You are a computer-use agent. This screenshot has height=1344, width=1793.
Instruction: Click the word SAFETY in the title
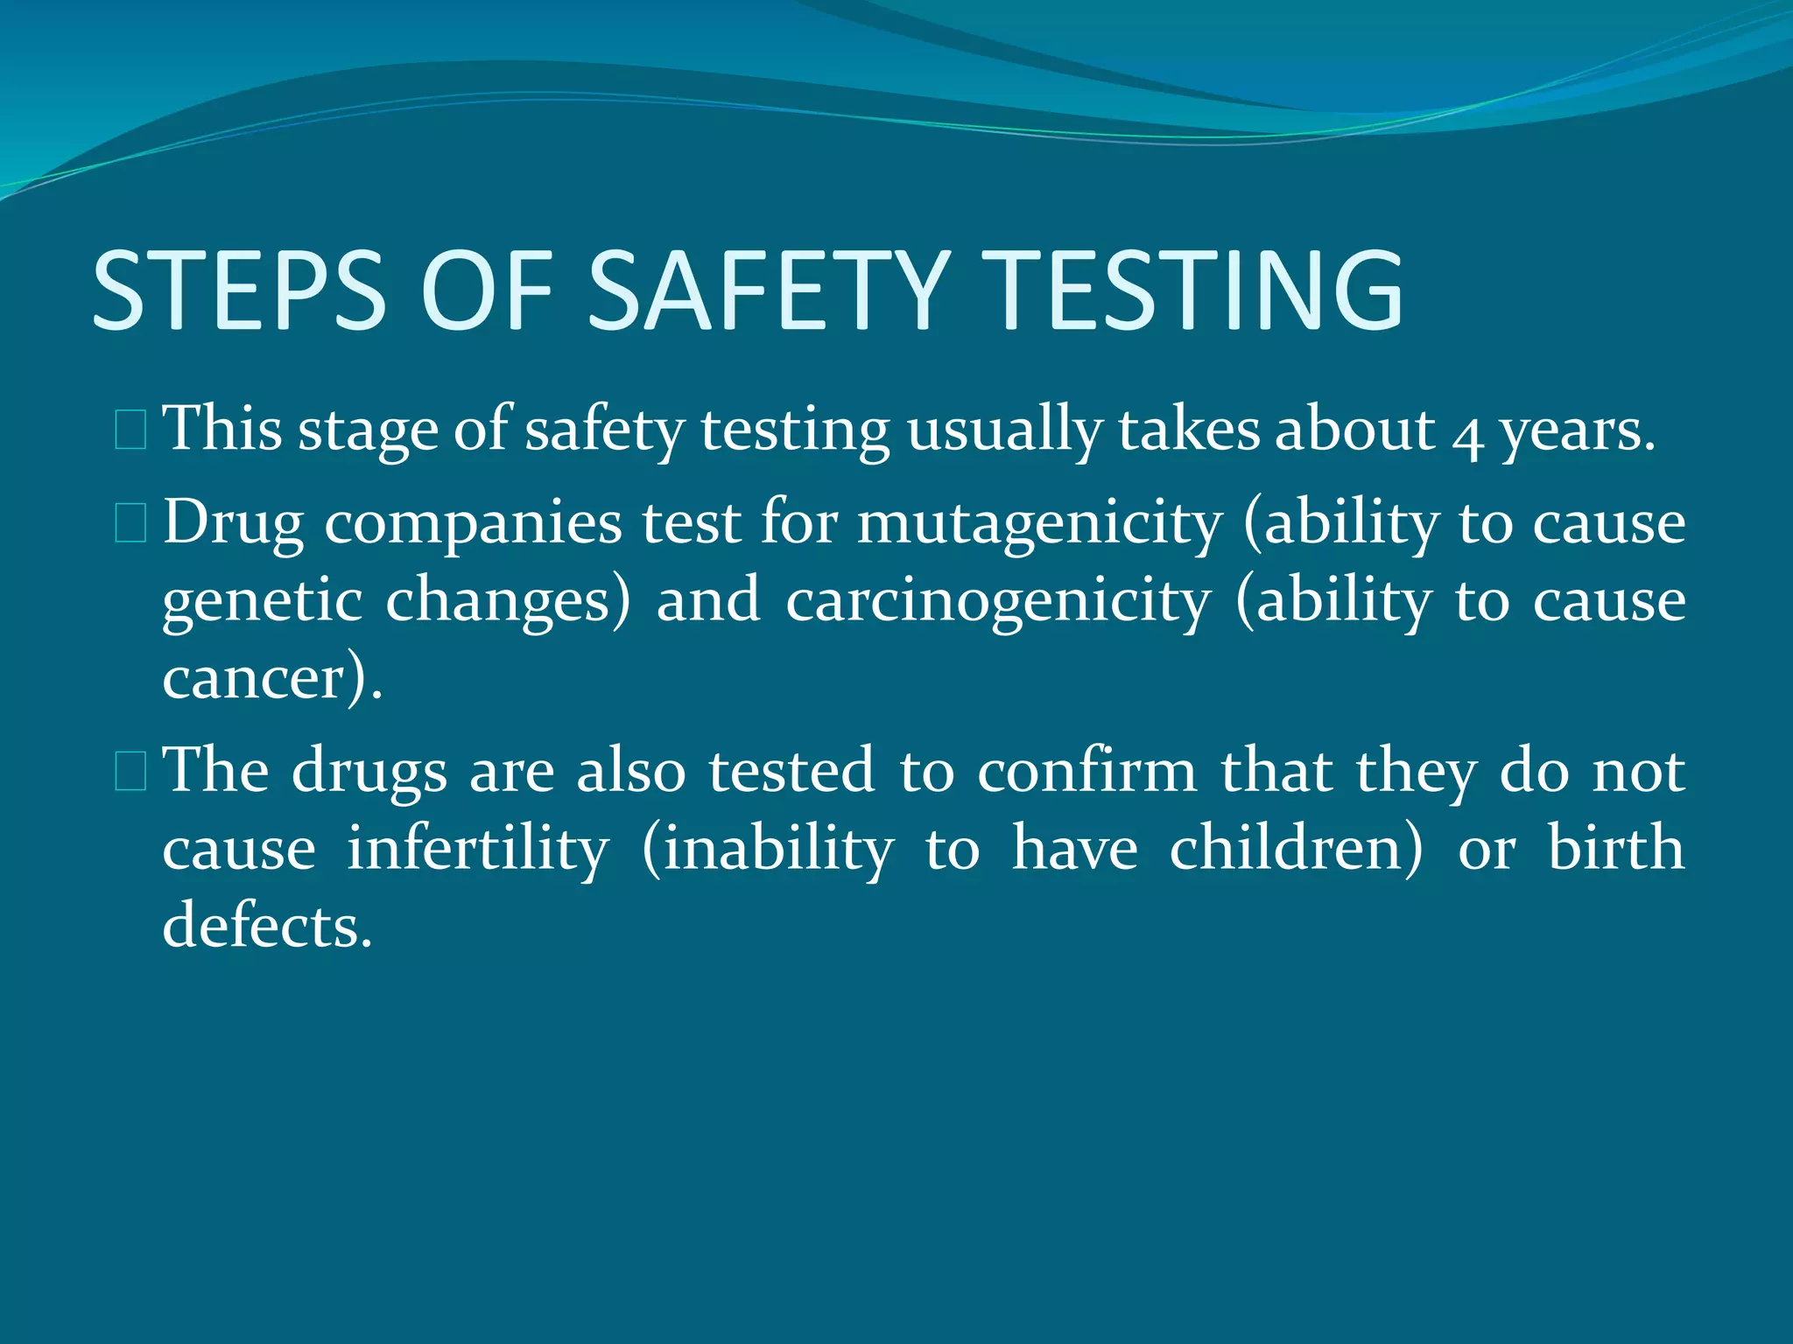[x=769, y=290]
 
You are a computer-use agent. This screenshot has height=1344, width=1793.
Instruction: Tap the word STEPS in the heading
[x=239, y=290]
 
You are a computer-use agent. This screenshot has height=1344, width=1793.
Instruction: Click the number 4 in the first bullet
[x=1466, y=433]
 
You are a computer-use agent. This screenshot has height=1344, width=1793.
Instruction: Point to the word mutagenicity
[x=1039, y=525]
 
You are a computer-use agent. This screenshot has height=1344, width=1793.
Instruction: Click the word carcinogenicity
[x=998, y=602]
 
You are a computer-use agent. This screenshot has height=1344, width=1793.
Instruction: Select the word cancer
[x=254, y=679]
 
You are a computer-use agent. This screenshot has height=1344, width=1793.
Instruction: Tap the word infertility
[x=477, y=849]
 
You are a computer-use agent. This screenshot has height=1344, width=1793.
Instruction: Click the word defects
[x=267, y=926]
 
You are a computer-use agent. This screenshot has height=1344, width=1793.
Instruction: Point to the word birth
[x=1615, y=849]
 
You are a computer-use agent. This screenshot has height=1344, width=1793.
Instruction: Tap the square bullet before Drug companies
[x=130, y=524]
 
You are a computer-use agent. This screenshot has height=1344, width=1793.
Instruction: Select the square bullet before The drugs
[x=130, y=773]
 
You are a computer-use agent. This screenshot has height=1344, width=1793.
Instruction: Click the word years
[x=1577, y=433]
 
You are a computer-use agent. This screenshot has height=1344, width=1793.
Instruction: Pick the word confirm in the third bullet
[x=1086, y=771]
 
